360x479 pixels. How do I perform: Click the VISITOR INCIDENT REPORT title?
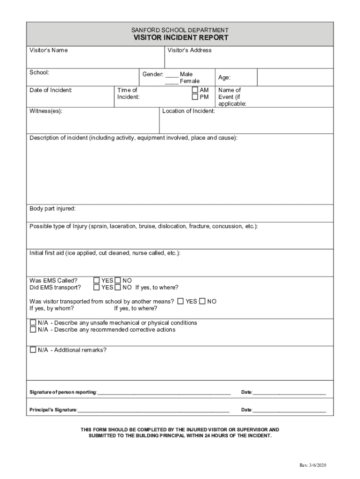tap(180, 38)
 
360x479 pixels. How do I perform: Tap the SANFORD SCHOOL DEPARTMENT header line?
tap(180, 30)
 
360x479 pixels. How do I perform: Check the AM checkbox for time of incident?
tap(195, 90)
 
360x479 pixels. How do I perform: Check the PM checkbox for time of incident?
tap(195, 97)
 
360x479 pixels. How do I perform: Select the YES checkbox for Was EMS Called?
tap(97, 281)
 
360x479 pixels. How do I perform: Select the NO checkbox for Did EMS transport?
tap(118, 288)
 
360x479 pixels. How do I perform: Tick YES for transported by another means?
tap(180, 302)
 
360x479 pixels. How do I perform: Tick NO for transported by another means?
tap(202, 302)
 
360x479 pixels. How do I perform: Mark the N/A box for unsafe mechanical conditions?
tap(33, 323)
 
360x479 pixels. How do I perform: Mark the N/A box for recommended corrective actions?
tap(33, 330)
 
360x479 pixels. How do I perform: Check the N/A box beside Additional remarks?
tap(33, 350)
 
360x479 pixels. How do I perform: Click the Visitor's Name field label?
tap(49, 51)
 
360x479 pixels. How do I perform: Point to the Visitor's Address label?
tap(189, 51)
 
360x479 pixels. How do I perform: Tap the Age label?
tap(224, 78)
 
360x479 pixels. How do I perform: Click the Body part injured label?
tap(52, 209)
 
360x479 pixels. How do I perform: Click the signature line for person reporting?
tap(164, 392)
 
